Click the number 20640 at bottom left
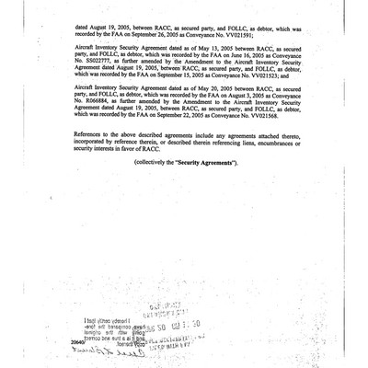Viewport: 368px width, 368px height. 76,339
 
